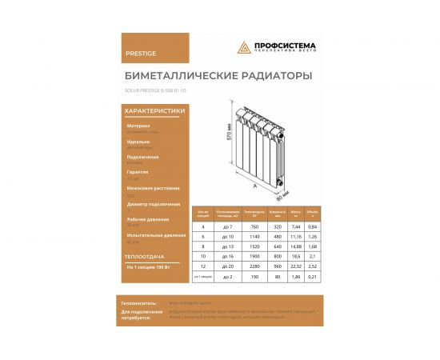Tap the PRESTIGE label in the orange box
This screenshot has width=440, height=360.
click(x=141, y=54)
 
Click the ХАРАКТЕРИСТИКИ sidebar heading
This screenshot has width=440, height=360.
click(x=156, y=111)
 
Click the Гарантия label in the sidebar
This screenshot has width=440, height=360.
click(x=138, y=172)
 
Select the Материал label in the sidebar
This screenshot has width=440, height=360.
click(x=138, y=126)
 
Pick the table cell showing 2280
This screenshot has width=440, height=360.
click(x=258, y=266)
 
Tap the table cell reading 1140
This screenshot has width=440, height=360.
click(x=258, y=236)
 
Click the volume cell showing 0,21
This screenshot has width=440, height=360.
click(x=314, y=276)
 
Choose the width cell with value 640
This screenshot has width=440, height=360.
click(x=278, y=246)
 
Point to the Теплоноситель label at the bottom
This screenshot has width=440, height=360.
click(x=138, y=303)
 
